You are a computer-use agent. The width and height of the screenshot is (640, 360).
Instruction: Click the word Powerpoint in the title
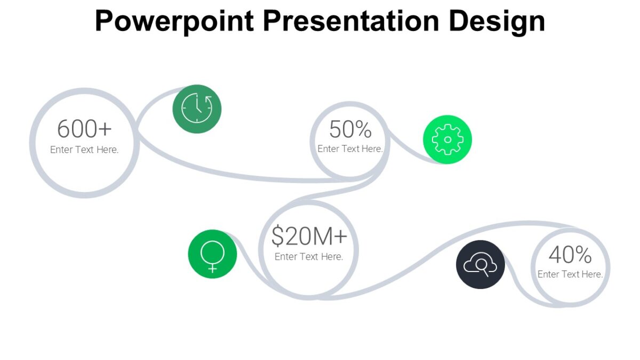[174, 21]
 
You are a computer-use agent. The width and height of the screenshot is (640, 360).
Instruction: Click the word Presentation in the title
[350, 21]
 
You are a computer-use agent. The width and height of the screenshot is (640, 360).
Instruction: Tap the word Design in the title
[496, 21]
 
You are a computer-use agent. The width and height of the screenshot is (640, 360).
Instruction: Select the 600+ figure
[84, 129]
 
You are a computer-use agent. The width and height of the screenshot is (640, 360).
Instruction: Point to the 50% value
[350, 130]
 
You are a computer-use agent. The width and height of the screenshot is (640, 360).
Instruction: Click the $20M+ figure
[309, 236]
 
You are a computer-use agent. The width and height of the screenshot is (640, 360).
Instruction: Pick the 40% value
[570, 255]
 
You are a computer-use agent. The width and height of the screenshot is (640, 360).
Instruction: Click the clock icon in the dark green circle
[197, 109]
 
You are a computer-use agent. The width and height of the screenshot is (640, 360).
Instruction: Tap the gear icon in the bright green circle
[447, 139]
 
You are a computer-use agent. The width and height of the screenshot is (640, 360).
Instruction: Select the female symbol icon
[212, 254]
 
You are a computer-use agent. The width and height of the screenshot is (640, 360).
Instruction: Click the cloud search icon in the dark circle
[480, 265]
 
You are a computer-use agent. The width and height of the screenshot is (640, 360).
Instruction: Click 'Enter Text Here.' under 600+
[84, 150]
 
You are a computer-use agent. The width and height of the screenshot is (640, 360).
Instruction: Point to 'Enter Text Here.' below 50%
[350, 149]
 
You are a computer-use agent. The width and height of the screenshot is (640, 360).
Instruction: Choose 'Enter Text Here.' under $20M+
[309, 257]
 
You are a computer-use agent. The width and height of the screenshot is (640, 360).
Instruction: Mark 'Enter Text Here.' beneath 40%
[570, 274]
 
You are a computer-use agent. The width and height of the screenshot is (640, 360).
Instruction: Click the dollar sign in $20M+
[277, 236]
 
